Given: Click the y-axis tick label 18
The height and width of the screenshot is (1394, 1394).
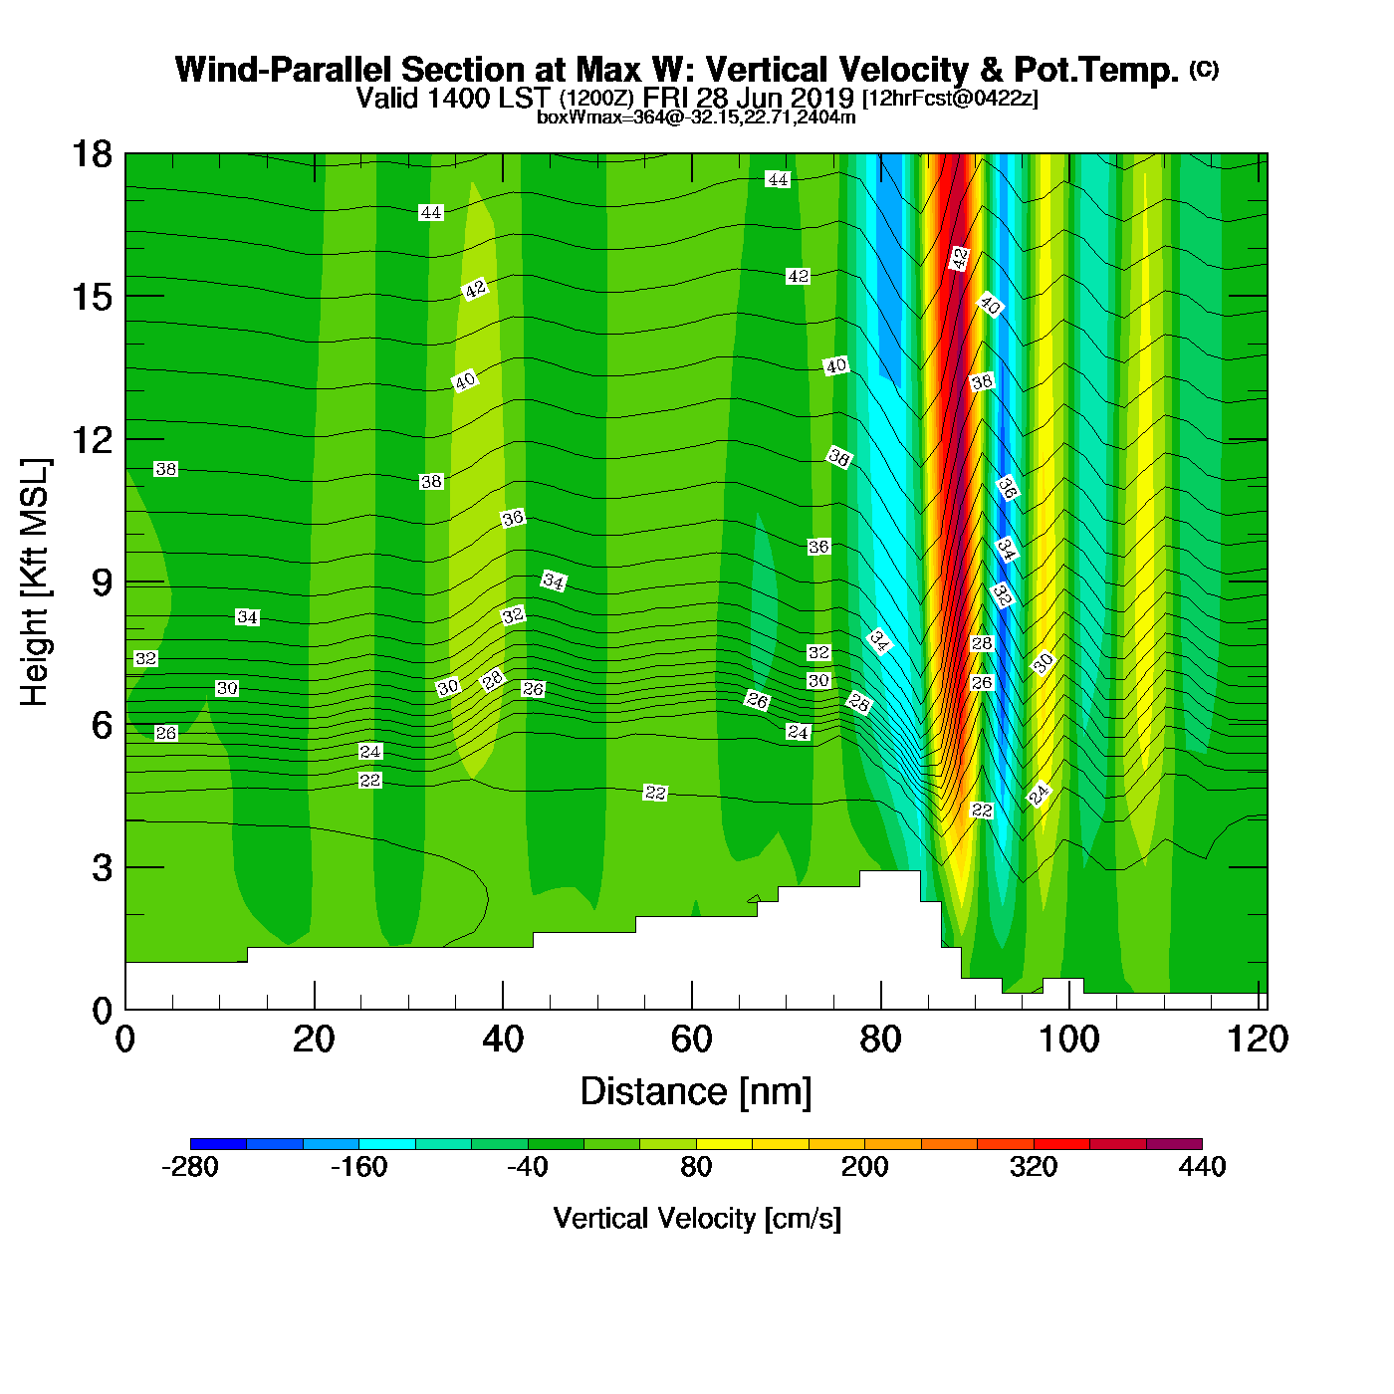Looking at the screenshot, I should (x=91, y=154).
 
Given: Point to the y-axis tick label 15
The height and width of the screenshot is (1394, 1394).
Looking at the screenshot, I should (x=91, y=297).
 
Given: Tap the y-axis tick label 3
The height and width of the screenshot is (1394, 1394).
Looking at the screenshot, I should (x=102, y=867).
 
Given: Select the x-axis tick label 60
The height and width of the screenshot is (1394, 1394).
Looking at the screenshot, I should (x=691, y=1040).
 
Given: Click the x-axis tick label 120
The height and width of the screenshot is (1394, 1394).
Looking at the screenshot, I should (x=1258, y=1040).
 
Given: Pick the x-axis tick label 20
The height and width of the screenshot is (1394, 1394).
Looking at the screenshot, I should (x=314, y=1040).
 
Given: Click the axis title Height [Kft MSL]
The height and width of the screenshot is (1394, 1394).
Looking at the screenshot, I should (x=35, y=582).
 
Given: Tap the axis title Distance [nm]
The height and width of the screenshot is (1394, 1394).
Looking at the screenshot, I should (x=696, y=1092).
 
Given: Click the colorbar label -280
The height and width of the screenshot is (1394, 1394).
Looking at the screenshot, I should (x=189, y=1167).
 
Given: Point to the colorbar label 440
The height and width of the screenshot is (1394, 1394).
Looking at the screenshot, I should (x=1202, y=1167).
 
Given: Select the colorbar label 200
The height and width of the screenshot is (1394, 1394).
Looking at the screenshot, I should (x=864, y=1167).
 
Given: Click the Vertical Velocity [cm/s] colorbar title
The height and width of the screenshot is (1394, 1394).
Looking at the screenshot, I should (x=696, y=1219).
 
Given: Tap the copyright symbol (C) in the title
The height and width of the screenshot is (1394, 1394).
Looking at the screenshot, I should (x=1204, y=69).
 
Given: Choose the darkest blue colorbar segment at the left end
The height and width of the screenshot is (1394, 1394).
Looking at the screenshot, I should (x=218, y=1143).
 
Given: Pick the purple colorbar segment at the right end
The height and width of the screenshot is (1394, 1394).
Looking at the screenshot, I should (x=1174, y=1143).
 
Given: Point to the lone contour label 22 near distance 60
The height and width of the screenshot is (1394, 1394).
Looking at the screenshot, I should (x=655, y=793).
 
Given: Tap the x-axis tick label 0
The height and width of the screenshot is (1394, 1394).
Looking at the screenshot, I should (x=125, y=1040).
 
